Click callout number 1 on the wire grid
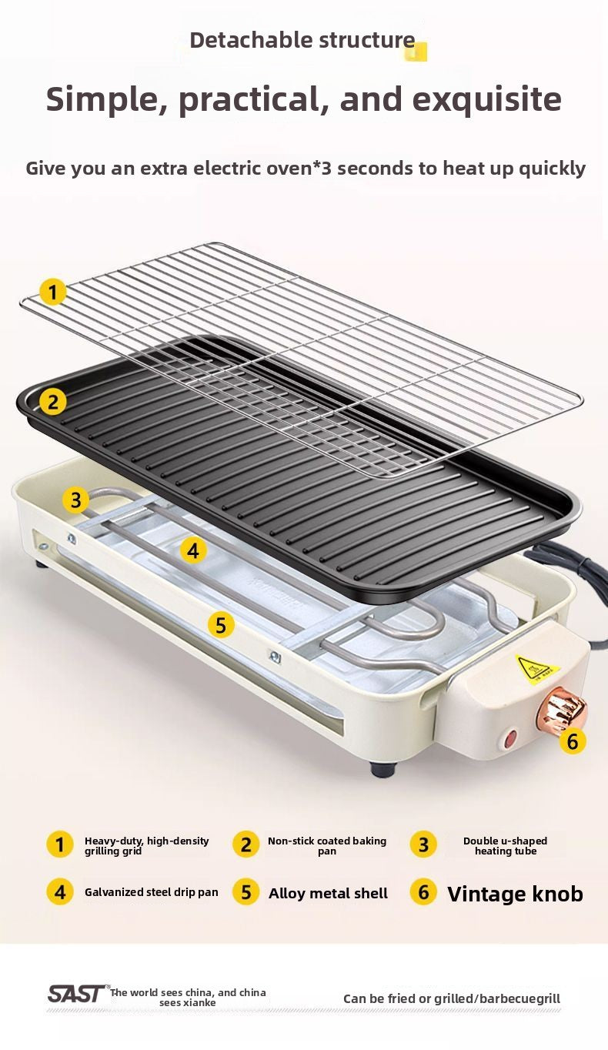[52, 293]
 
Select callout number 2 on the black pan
[52, 402]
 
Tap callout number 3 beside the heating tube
[75, 500]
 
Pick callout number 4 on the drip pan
[192, 551]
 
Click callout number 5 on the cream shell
[220, 625]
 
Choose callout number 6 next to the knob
[572, 741]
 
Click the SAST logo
[78, 993]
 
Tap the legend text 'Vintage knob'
[515, 894]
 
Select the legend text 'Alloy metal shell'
[328, 894]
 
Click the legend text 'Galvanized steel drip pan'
[152, 892]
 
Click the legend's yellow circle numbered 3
[423, 845]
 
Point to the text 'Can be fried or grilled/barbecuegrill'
[452, 998]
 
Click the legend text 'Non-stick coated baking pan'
[327, 846]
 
